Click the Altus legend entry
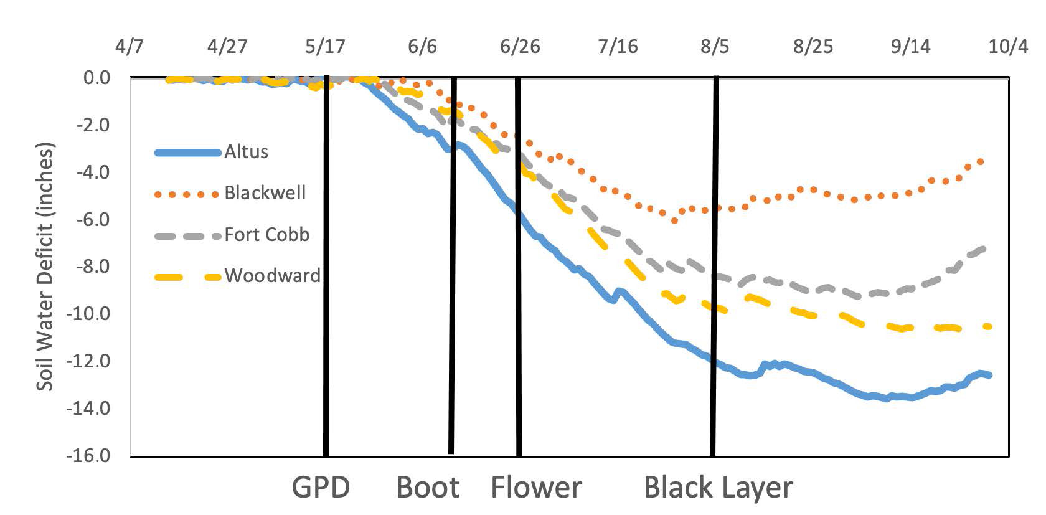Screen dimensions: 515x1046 click(246, 152)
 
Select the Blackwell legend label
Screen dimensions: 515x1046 click(265, 193)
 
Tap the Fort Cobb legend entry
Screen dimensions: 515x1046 click(266, 235)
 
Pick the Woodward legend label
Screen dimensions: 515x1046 click(272, 276)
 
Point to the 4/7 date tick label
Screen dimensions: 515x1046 click(130, 47)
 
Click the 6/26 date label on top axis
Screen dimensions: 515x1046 click(520, 47)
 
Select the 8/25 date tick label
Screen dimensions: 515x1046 click(813, 47)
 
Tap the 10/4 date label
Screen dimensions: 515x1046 click(1008, 47)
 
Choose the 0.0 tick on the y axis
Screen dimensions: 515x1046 click(97, 78)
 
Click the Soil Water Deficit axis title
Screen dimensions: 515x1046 click(45, 267)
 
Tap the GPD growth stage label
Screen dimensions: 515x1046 click(321, 488)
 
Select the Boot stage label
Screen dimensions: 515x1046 click(428, 488)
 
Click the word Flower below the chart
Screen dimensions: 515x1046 click(536, 488)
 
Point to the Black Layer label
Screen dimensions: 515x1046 click(719, 488)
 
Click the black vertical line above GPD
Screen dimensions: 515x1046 click(326, 268)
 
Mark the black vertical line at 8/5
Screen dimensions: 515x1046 click(715, 268)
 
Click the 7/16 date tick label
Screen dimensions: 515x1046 click(618, 47)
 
